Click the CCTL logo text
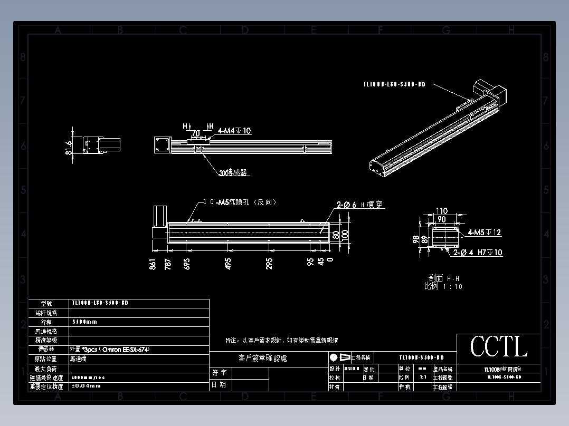pyautogui.click(x=499, y=346)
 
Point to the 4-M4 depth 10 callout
pyautogui.click(x=234, y=131)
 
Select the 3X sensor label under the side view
pyautogui.click(x=233, y=172)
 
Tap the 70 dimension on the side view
pyautogui.click(x=196, y=133)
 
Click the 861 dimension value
pyautogui.click(x=153, y=264)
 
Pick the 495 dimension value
pyautogui.click(x=228, y=264)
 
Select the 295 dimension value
pyautogui.click(x=269, y=264)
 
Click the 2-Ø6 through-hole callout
pyautogui.click(x=360, y=205)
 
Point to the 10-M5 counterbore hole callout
pyautogui.click(x=240, y=202)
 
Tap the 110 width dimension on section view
pyautogui.click(x=441, y=211)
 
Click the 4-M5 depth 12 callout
pyautogui.click(x=484, y=233)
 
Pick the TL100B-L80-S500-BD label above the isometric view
pyautogui.click(x=394, y=84)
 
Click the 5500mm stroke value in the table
pyautogui.click(x=84, y=322)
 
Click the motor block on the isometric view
pyautogui.click(x=491, y=89)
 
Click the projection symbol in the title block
pyautogui.click(x=339, y=357)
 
